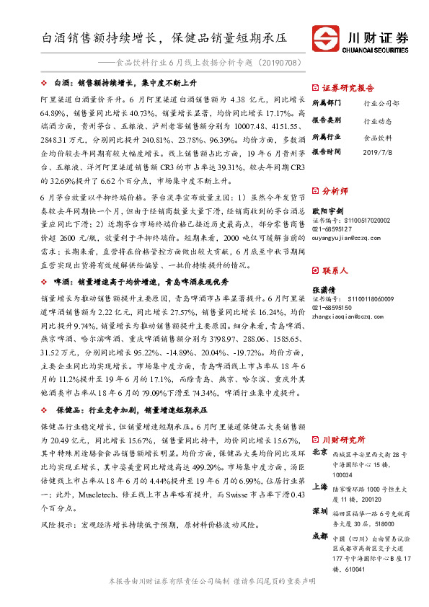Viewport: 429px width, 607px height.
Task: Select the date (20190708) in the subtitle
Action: (x=272, y=63)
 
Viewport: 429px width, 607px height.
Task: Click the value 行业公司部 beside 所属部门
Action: (x=381, y=104)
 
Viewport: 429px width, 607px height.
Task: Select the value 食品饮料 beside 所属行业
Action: (x=377, y=136)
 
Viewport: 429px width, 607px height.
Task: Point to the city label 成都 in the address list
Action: (x=320, y=536)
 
